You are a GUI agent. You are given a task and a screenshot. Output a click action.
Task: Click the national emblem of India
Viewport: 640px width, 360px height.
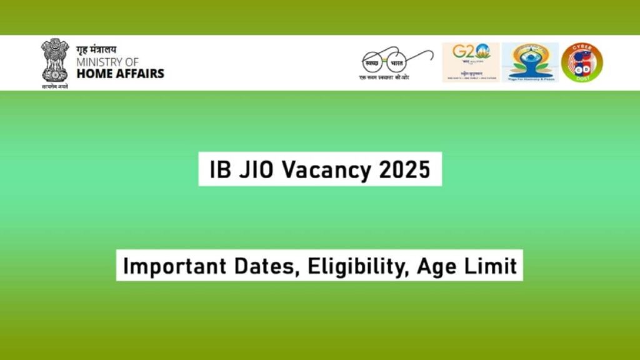coord(54,60)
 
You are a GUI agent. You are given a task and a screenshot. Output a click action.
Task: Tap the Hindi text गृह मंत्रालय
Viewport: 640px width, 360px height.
coord(96,49)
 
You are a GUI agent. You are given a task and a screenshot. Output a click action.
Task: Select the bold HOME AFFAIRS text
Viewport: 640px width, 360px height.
coord(120,73)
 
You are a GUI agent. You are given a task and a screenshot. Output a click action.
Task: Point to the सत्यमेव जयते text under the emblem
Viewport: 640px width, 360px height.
coord(54,86)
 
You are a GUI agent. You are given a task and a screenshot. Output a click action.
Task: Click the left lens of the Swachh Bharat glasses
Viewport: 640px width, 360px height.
coord(376,61)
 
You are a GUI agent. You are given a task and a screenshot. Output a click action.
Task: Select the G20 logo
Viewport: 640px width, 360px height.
coord(471,62)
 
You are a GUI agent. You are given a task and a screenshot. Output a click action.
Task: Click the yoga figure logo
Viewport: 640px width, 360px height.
coord(530,62)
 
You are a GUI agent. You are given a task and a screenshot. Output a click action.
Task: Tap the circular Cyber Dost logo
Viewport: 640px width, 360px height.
coord(582,62)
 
